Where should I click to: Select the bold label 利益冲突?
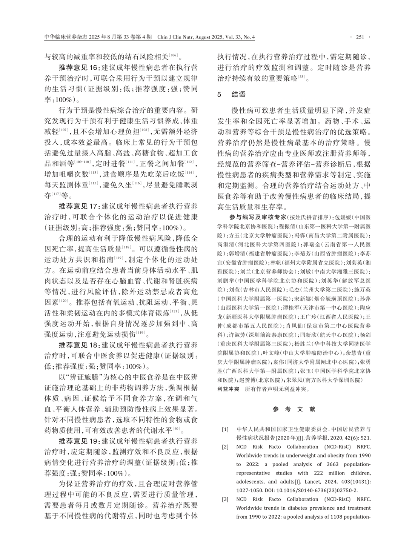(x=228, y=389)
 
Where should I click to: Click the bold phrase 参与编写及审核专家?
(x=258, y=218)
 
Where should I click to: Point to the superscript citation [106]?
(x=174, y=55)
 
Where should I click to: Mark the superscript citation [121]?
(x=174, y=311)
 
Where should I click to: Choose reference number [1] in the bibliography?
(x=225, y=429)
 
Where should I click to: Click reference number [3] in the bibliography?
(x=225, y=499)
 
